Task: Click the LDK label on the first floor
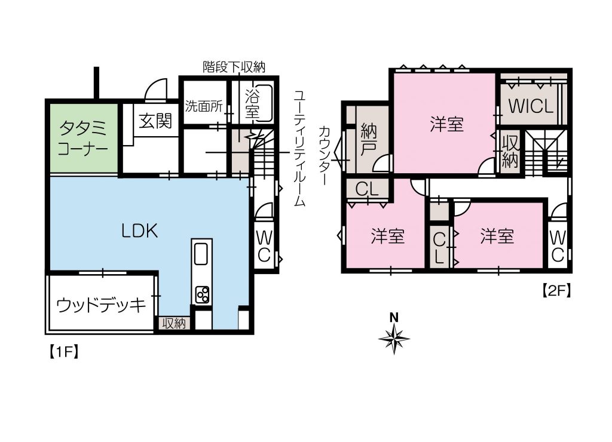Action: coord(139,231)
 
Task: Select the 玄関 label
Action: coord(155,121)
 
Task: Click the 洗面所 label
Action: coord(204,106)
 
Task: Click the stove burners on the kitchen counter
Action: coord(203,294)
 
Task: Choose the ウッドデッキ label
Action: coord(101,305)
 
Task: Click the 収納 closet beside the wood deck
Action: coord(174,323)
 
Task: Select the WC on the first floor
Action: coord(264,245)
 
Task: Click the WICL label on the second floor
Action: coord(531,106)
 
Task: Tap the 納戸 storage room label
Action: coord(368,139)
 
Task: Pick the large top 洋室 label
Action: coord(446,124)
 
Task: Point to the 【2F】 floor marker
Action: coord(556,291)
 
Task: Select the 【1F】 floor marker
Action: coord(64,352)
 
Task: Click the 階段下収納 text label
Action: coord(234,67)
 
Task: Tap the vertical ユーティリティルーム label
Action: coord(299,148)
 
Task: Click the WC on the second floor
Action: coord(558,245)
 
